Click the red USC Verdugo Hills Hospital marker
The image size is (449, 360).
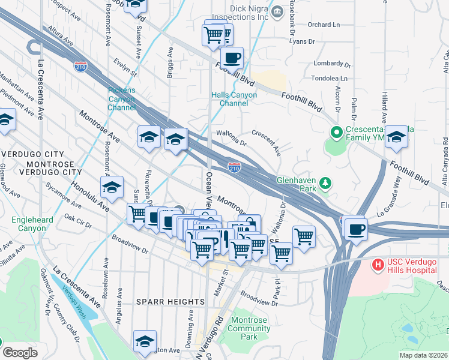378,264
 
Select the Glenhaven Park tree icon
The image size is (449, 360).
325,182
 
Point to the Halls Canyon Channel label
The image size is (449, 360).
234,99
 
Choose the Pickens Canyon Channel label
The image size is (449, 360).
122,99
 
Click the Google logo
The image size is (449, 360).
19,353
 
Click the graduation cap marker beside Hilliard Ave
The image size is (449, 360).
396,137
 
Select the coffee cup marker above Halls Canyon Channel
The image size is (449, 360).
232,59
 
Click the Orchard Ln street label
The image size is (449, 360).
323,25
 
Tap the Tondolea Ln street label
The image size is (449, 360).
330,78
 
